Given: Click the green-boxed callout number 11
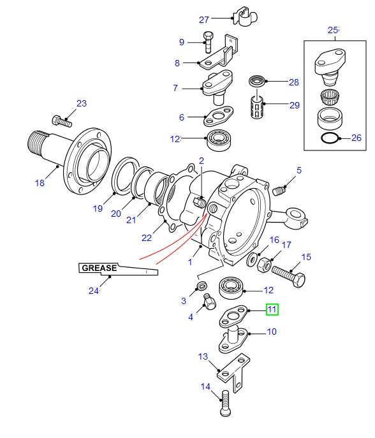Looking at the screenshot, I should click(272, 310).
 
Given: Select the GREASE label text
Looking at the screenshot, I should click(99, 268).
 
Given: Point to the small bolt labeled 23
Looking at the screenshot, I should click(61, 119).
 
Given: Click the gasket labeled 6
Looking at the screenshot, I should click(216, 118).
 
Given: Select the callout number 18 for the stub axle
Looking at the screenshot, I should click(40, 183).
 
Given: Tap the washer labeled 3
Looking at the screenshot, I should click(202, 284).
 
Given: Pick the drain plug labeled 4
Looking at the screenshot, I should click(208, 302).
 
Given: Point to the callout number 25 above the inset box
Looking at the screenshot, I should click(333, 30).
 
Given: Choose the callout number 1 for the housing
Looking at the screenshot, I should click(190, 261).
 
